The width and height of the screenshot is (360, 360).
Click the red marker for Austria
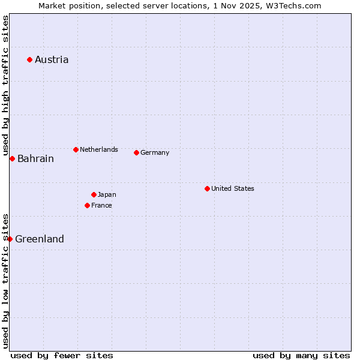click(x=29, y=59)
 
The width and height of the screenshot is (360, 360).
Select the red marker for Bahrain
click(x=12, y=158)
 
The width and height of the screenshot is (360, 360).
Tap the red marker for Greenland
click(x=10, y=239)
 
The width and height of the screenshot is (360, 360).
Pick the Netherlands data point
click(x=76, y=149)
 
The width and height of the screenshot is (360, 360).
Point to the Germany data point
click(x=136, y=152)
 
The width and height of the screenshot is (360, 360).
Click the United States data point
click(x=207, y=188)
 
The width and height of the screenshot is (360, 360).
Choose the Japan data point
click(x=94, y=194)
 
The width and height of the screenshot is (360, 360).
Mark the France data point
click(x=88, y=205)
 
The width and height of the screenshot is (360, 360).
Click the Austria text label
click(x=52, y=59)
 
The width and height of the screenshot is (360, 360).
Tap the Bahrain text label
click(x=35, y=158)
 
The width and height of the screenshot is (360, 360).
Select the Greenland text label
click(x=40, y=239)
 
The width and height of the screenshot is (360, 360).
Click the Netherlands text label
click(x=99, y=149)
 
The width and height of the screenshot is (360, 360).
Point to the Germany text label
click(x=155, y=152)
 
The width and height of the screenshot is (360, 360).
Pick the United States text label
click(x=233, y=188)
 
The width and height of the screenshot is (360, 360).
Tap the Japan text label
click(x=107, y=194)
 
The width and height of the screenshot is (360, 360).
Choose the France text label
click(x=101, y=205)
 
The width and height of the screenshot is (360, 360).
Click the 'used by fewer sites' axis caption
click(x=62, y=355)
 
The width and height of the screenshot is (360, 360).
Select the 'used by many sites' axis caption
click(x=301, y=355)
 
